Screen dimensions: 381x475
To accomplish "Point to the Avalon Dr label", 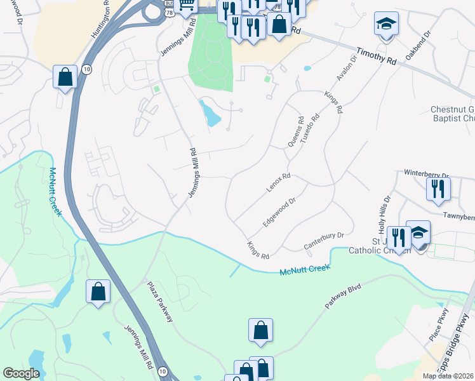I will [x=344, y=79].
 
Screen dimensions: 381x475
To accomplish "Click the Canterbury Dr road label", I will [x=323, y=239].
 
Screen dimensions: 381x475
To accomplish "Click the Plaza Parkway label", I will [x=160, y=302].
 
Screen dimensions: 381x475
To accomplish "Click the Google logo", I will [x=21, y=373].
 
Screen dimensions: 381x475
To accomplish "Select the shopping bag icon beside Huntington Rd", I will [x=65, y=77].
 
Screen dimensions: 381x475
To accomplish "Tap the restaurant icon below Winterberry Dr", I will [x=438, y=189].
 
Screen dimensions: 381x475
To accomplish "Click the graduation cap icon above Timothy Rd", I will [x=386, y=24].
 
